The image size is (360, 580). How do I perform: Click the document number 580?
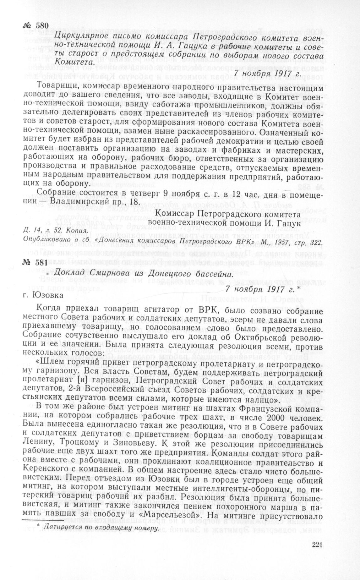tap(36, 26)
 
